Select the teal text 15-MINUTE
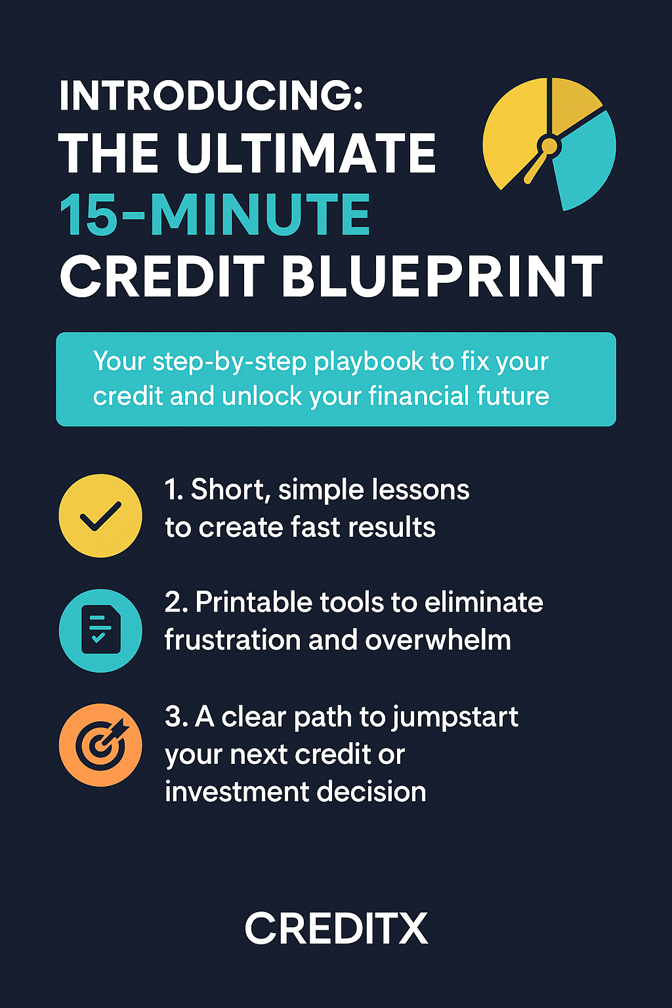pos(215,214)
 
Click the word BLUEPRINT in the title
pos(442,276)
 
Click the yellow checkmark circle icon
pos(100,515)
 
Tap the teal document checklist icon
pos(100,630)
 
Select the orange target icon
pos(100,745)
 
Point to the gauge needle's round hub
pos(549,146)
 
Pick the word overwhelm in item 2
pos(438,639)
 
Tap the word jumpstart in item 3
pos(455,717)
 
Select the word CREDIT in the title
pos(163,276)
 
